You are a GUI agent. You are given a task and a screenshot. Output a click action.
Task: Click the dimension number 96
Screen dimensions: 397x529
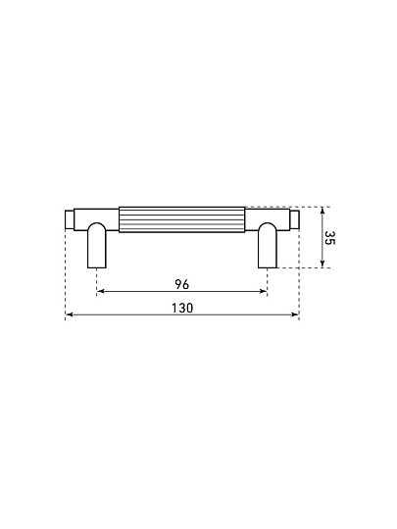click(182, 284)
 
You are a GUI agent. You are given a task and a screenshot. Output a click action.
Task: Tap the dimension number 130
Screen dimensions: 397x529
click(182, 308)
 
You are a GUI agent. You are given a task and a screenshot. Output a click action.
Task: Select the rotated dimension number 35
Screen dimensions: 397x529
click(329, 238)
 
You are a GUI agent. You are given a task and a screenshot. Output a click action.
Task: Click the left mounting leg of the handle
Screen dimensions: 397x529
click(97, 245)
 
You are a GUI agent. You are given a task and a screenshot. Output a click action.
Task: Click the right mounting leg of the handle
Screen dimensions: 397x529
click(268, 245)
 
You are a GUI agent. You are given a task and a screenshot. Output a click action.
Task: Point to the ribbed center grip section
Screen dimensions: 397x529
click(182, 219)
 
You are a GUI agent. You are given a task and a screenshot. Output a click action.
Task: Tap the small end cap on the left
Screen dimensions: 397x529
click(70, 219)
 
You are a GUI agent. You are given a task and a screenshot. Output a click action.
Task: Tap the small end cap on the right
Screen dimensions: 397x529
click(294, 219)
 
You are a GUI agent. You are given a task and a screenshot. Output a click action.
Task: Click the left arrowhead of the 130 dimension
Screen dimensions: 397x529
click(69, 314)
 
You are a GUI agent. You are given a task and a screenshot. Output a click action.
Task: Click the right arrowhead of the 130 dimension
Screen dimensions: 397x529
click(295, 314)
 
